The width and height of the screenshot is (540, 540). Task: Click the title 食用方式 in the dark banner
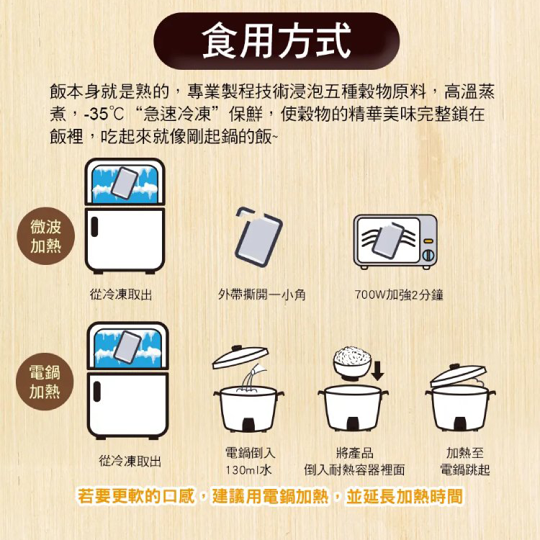tap(276, 40)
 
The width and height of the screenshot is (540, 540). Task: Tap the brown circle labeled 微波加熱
tap(46, 236)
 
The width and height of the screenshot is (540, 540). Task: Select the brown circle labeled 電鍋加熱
tap(45, 382)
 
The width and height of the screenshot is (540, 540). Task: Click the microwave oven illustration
tap(395, 242)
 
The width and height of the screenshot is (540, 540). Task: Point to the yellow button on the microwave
tap(428, 240)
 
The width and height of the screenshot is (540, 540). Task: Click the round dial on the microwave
tap(428, 255)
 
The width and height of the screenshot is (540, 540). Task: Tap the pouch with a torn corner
tap(258, 236)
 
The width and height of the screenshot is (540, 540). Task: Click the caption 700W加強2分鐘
tap(399, 294)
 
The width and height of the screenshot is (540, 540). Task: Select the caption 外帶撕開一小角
tap(262, 294)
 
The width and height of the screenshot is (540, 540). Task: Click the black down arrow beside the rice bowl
tap(378, 371)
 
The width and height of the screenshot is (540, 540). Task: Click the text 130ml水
tap(248, 469)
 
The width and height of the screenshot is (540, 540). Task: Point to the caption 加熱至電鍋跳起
tap(465, 461)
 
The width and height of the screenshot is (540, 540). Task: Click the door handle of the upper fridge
tap(94, 227)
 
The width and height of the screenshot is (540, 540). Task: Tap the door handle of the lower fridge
tap(97, 391)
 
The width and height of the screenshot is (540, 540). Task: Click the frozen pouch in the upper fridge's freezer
tap(125, 183)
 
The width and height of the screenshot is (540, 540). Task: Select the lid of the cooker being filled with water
tap(240, 356)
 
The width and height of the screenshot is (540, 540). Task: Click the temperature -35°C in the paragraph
tap(104, 114)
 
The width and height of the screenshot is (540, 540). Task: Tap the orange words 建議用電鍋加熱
tap(270, 496)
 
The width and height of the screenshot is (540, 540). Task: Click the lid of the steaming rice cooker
tap(459, 375)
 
